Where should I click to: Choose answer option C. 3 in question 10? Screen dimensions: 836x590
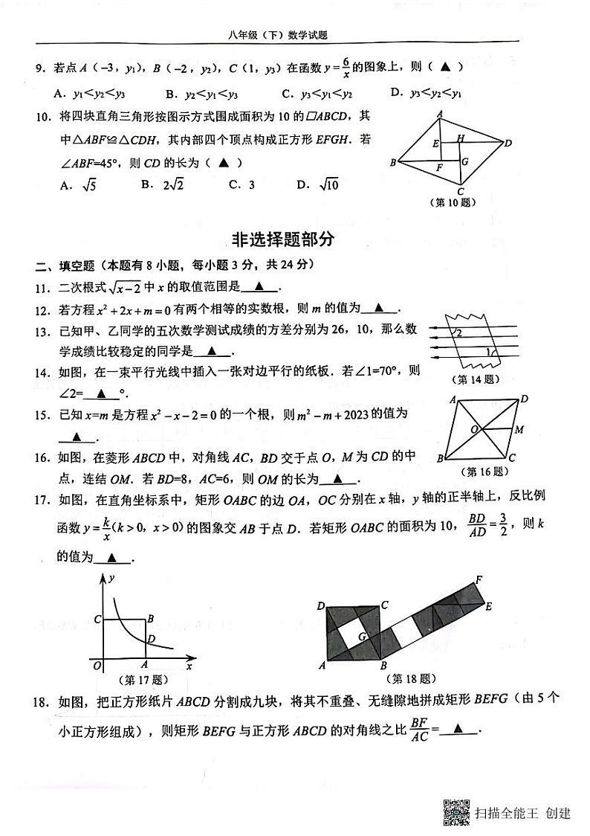click(x=241, y=185)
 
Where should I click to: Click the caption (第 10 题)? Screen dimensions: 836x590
click(x=453, y=202)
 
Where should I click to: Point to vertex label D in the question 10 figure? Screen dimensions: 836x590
click(x=508, y=143)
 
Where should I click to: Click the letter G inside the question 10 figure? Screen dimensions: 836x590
click(x=464, y=161)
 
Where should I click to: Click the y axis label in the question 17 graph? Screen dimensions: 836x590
click(x=111, y=578)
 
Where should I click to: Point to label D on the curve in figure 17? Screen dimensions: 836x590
click(x=152, y=637)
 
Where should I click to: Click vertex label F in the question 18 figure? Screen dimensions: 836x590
click(x=479, y=579)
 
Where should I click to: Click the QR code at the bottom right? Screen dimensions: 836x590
click(x=456, y=811)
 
